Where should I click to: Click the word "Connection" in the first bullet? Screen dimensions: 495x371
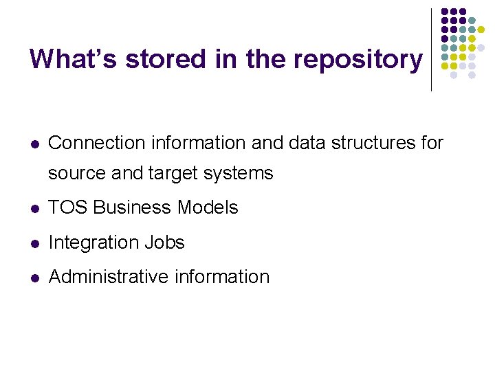tap(97, 143)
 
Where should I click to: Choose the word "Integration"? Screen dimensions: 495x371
tap(93, 243)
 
